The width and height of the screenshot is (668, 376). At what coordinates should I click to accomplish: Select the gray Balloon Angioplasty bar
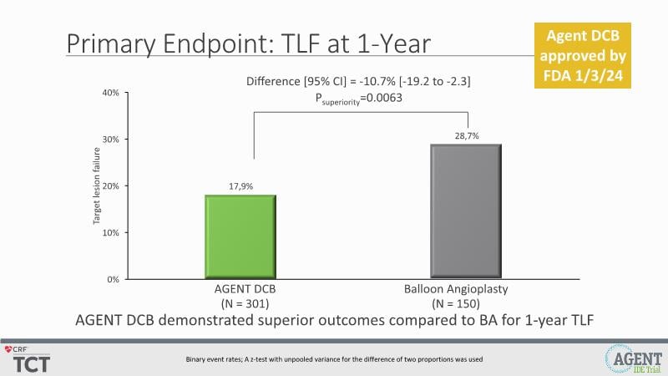(466, 211)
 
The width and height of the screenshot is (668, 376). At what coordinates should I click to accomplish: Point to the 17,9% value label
(240, 186)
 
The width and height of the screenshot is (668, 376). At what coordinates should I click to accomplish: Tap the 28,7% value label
(466, 136)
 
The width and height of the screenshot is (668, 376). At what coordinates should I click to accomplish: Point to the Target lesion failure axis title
(97, 185)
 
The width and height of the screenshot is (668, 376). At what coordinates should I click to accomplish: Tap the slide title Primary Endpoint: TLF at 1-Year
(250, 43)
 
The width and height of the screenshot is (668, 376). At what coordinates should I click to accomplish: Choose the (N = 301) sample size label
(240, 302)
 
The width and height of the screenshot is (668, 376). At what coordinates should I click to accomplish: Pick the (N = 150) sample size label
(466, 302)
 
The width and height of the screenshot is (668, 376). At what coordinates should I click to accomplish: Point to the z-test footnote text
(334, 359)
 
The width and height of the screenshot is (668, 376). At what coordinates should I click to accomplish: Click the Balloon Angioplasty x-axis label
(466, 289)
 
